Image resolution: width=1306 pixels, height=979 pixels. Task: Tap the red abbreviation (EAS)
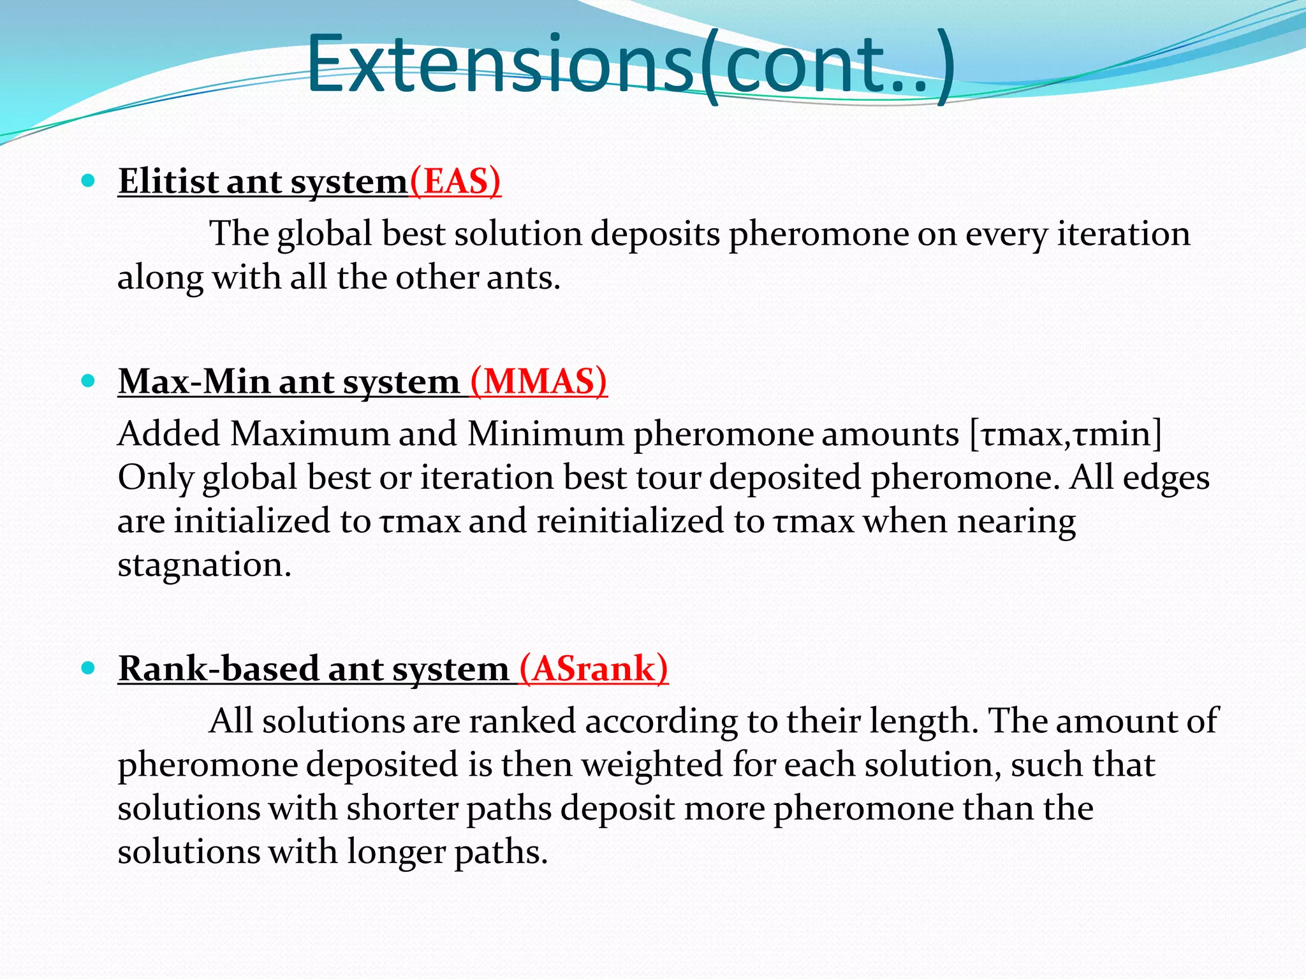(455, 182)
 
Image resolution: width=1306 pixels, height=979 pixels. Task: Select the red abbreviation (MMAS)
(538, 382)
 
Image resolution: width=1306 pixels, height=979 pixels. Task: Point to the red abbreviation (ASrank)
(594, 669)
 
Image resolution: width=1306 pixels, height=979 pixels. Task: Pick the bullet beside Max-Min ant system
(89, 382)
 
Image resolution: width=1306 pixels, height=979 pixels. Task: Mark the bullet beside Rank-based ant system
(89, 669)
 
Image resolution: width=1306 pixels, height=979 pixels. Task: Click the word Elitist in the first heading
(168, 182)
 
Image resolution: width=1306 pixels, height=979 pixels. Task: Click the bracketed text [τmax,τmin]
(1065, 435)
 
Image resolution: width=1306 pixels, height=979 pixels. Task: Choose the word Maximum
(310, 435)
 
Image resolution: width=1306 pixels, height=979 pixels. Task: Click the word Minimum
(545, 435)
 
